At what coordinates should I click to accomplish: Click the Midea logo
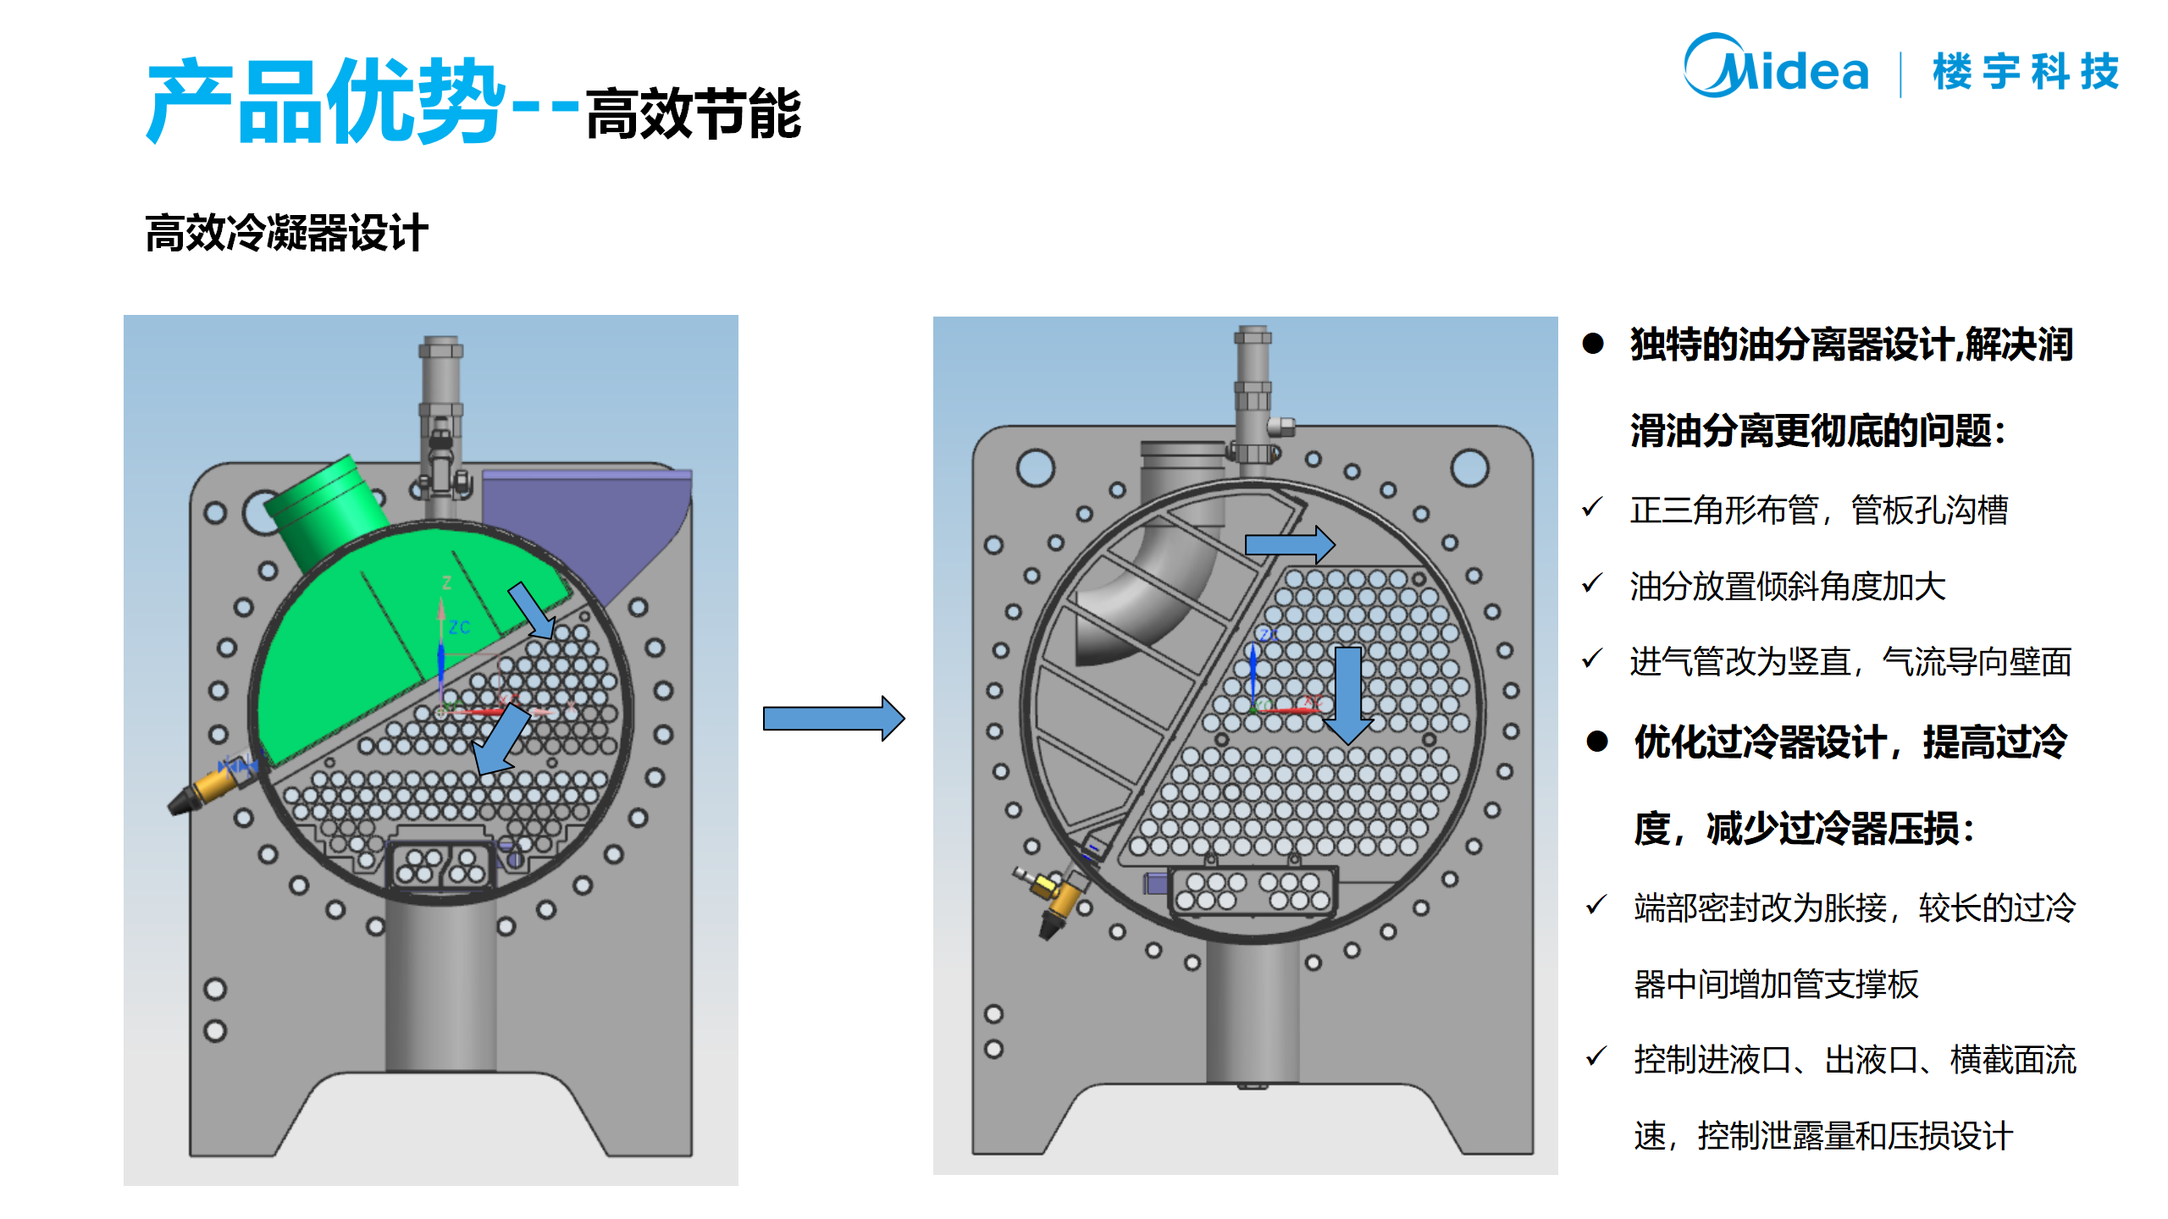pos(1775,68)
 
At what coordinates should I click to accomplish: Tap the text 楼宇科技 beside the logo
pos(2025,71)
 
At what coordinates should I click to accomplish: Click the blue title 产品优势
pos(325,102)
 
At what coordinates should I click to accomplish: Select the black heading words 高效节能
pos(693,114)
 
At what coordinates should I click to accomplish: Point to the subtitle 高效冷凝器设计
pos(286,233)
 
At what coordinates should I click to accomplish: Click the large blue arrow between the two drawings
pos(833,719)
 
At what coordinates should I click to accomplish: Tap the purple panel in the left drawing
pos(593,525)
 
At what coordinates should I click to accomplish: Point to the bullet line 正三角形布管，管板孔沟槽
pos(1818,510)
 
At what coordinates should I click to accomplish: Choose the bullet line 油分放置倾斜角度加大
pos(1787,586)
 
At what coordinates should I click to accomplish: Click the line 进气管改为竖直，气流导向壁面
pos(1850,661)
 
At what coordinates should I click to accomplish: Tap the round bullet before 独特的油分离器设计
pos(1593,344)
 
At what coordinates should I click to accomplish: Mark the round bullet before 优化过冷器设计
pos(1597,742)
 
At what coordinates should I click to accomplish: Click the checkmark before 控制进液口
pos(1596,1057)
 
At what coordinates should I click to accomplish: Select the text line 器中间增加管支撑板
pos(1776,984)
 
